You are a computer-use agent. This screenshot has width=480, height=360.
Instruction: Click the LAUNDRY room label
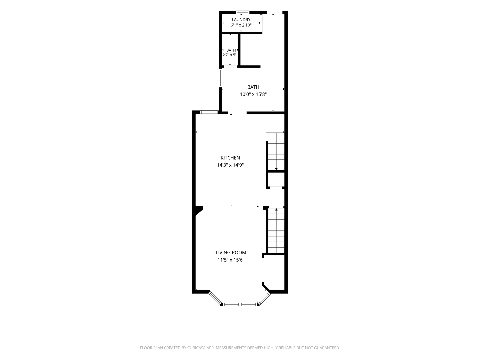(241, 20)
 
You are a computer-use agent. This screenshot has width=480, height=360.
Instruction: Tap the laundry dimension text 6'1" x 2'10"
(241, 25)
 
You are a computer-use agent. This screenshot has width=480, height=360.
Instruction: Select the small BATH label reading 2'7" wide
(231, 50)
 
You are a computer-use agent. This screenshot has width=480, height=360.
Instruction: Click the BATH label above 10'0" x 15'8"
(253, 87)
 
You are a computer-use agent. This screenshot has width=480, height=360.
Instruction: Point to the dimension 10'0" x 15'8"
(253, 94)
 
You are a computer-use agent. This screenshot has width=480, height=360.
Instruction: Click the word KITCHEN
(230, 158)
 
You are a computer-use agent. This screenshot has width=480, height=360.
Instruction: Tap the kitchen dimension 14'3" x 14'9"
(230, 165)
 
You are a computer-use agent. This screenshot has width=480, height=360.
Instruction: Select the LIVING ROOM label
(231, 252)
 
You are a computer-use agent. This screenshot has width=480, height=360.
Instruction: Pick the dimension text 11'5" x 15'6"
(231, 260)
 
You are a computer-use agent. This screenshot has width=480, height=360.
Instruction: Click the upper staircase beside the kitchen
(276, 151)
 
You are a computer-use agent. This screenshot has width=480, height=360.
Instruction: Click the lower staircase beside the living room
(276, 231)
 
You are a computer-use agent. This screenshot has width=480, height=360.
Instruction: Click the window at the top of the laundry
(243, 12)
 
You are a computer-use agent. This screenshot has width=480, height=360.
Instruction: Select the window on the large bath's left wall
(221, 78)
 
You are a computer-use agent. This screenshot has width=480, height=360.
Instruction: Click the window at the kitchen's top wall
(209, 112)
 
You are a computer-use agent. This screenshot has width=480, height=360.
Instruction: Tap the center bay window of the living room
(240, 304)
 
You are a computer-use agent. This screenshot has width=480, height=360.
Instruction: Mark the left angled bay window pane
(215, 298)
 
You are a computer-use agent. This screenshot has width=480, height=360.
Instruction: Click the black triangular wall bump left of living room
(199, 210)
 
